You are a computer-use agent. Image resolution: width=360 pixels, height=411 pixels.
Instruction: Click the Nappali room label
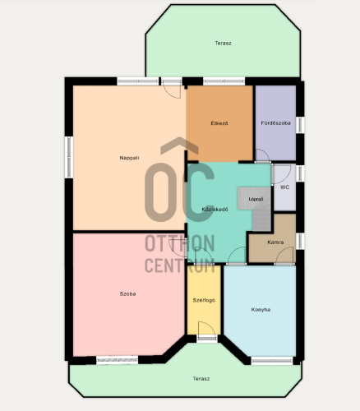pos(129,158)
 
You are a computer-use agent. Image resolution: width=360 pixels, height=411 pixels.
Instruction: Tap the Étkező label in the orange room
pos(219,123)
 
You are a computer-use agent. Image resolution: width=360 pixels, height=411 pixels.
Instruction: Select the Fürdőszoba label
pos(275,123)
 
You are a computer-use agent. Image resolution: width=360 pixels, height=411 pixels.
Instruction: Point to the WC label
pos(284,187)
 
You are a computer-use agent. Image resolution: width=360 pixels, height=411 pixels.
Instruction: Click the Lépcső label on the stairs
pos(256,199)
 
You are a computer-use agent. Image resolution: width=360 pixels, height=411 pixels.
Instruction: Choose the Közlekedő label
pos(215,210)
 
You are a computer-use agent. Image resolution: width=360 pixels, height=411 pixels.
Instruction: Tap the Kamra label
pos(275,242)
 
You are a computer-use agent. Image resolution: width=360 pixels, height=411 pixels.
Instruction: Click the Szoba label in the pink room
pos(127,293)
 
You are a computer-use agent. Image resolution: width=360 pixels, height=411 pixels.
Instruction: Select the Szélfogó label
pos(204,300)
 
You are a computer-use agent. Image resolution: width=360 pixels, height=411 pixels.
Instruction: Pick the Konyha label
pos(261,310)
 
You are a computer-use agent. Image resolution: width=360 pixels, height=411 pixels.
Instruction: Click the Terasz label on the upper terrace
pos(223,44)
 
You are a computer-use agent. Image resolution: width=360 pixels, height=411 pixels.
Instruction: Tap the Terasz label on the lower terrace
pos(201,379)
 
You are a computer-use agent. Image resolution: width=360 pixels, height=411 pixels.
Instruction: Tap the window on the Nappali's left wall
pos(69,157)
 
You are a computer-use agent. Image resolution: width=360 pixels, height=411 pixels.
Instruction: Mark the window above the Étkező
pos(224,81)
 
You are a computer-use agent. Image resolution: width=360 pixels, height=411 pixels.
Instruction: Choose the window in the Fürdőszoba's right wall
pos(300,125)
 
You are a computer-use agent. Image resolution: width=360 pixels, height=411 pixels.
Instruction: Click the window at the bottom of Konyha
pos(272,361)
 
